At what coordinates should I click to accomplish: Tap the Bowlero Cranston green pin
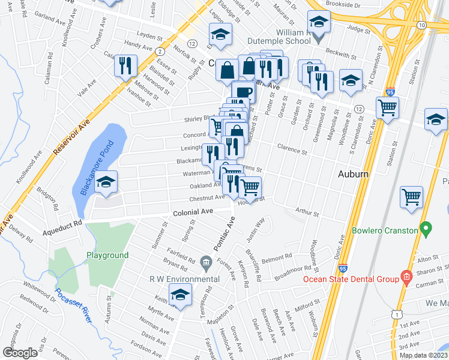coord(426,229)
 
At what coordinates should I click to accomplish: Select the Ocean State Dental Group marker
coord(406,277)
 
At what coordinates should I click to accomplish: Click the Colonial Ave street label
coord(193,212)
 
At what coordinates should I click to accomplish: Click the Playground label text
coord(107,255)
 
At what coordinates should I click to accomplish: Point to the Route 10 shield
coord(422,25)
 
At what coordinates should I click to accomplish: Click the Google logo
coord(20,353)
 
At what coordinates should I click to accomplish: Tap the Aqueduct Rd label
coord(62,223)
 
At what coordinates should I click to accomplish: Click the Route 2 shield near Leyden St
coord(159,52)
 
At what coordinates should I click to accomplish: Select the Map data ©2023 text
coord(423,355)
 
